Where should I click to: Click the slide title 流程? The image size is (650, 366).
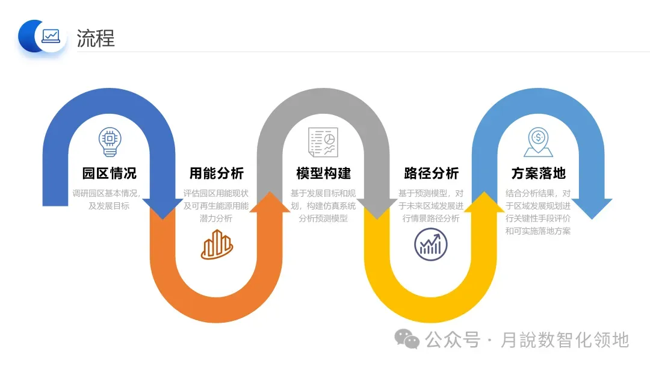96,38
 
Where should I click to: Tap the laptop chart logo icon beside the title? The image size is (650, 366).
51,36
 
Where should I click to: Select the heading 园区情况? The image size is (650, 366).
110,173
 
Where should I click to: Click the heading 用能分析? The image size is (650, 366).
217,173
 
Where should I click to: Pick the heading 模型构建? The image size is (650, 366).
324,173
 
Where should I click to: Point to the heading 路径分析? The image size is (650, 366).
431,173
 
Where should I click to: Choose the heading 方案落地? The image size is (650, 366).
539,173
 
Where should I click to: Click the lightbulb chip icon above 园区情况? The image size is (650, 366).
110,140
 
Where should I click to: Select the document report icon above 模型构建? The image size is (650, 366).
324,142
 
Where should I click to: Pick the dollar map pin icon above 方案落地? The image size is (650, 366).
538,142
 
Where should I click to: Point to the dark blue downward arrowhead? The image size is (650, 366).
163,208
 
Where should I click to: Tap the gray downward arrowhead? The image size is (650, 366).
377,208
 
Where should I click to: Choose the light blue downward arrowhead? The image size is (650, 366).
592,208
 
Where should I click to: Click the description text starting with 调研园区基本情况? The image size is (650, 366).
110,199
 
